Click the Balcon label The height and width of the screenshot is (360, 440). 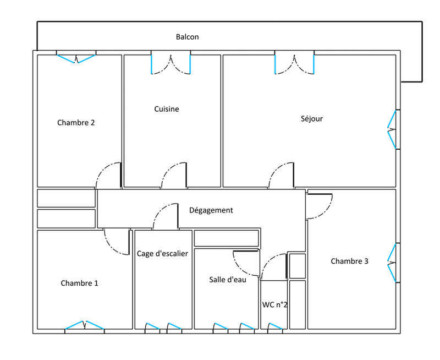[x=187, y=37]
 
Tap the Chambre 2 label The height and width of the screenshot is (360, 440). [x=76, y=123]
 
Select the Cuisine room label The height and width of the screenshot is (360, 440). [x=166, y=109]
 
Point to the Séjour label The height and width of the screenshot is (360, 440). [x=311, y=118]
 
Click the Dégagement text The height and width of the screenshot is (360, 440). [x=211, y=210]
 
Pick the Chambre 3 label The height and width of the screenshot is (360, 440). [x=349, y=261]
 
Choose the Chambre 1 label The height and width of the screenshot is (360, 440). [x=79, y=283]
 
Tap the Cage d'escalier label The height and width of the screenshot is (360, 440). [x=162, y=254]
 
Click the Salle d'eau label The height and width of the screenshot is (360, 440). [x=227, y=280]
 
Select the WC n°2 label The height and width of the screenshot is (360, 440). [x=274, y=304]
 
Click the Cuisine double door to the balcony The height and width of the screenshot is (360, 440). [x=171, y=64]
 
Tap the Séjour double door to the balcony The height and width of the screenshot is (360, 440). [x=295, y=64]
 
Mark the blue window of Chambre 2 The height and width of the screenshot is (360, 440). [x=76, y=58]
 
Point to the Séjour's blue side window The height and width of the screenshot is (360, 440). [x=392, y=130]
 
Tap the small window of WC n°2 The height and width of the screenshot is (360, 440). [x=274, y=327]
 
